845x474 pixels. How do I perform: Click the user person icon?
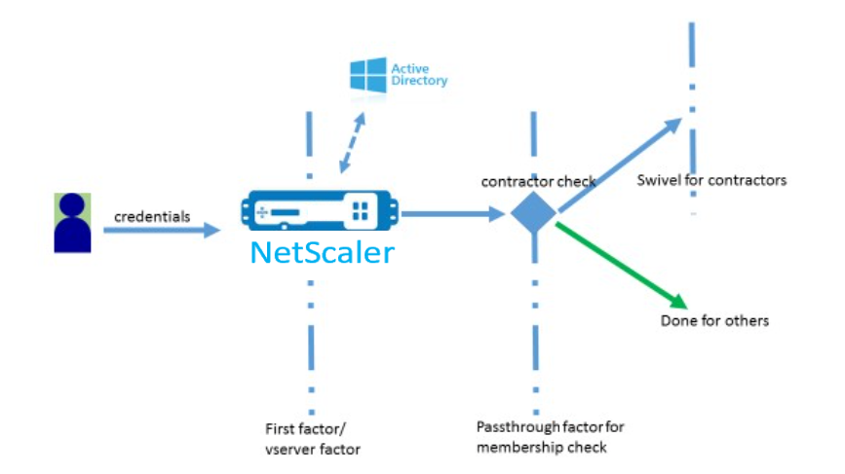(72, 223)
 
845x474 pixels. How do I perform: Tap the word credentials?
(152, 217)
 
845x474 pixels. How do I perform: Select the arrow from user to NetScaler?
(162, 231)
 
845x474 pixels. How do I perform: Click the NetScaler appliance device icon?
(320, 210)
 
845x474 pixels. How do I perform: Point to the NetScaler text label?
(323, 252)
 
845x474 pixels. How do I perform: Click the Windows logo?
(368, 75)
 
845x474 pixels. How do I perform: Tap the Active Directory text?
(419, 75)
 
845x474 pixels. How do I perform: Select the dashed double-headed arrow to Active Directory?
(353, 142)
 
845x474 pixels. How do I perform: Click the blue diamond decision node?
(533, 213)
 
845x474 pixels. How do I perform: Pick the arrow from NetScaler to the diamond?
(452, 214)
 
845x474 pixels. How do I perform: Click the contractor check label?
(538, 182)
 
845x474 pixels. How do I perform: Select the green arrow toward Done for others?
(622, 266)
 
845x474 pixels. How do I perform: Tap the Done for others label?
(714, 321)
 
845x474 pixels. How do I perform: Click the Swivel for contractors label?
(711, 180)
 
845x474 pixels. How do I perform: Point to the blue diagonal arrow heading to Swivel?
(620, 165)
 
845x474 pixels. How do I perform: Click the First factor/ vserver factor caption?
(313, 439)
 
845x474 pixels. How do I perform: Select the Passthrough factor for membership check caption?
(551, 437)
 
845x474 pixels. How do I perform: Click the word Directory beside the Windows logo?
(419, 81)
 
